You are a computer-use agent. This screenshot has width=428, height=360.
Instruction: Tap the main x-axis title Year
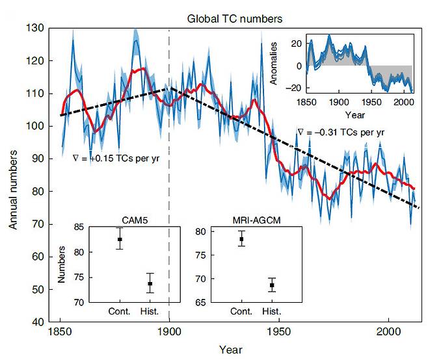pyautogui.click(x=231, y=350)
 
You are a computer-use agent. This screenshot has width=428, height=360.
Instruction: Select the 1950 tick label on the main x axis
pyautogui.click(x=279, y=331)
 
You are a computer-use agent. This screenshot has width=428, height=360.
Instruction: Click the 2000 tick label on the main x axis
pyautogui.click(x=388, y=331)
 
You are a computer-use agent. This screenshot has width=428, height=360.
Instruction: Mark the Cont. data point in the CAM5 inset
pyautogui.click(x=120, y=239)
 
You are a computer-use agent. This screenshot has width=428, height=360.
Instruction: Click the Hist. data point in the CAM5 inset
pyautogui.click(x=150, y=284)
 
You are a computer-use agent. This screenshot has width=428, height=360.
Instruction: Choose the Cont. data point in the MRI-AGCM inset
pyautogui.click(x=242, y=239)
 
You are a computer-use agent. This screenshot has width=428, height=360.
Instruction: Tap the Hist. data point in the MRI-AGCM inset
pyautogui.click(x=273, y=285)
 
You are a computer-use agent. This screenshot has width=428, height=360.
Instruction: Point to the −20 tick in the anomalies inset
pyautogui.click(x=295, y=88)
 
